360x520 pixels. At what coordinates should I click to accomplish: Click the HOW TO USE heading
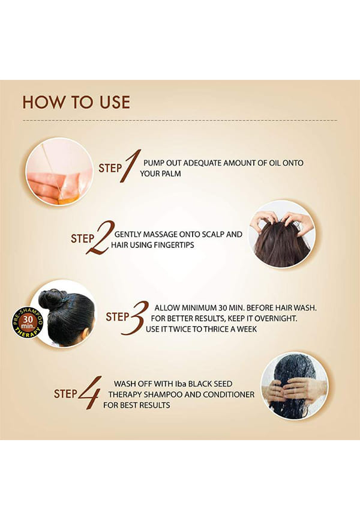click(x=76, y=102)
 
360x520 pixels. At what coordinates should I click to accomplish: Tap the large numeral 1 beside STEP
click(x=130, y=166)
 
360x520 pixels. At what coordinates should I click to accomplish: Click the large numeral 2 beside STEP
click(x=100, y=237)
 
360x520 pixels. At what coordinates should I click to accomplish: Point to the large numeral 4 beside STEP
click(x=89, y=393)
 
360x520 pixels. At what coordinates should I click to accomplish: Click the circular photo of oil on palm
click(x=59, y=172)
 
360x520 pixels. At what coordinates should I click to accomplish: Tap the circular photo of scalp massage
click(x=282, y=234)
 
